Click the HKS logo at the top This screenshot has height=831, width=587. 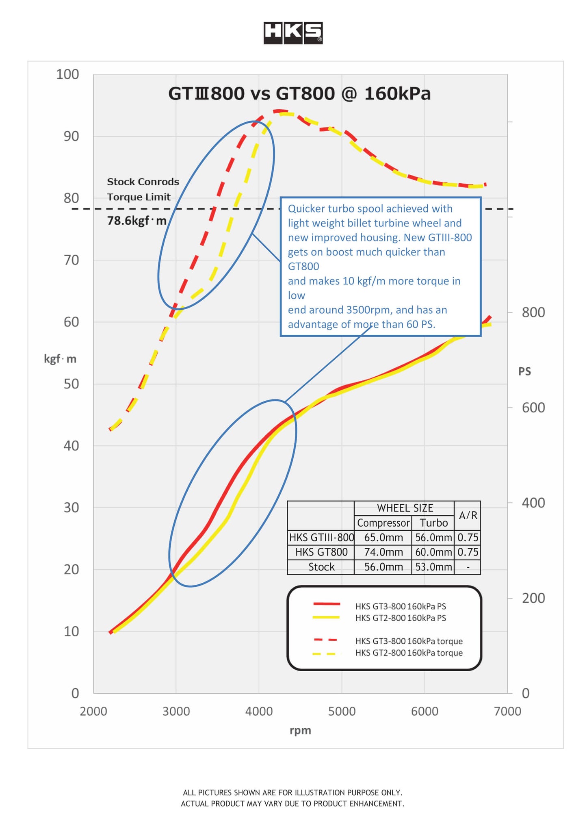coord(293,33)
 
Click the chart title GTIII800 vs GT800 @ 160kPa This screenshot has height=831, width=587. coord(299,94)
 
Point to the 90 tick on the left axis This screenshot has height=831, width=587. coord(71,136)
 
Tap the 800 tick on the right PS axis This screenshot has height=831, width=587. coord(533,312)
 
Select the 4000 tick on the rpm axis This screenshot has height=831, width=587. coord(259,711)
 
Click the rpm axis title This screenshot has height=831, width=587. coord(300,730)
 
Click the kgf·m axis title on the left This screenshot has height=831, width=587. coord(60,359)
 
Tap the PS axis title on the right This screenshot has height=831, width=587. coord(524,371)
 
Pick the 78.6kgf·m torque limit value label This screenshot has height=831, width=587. coord(137,221)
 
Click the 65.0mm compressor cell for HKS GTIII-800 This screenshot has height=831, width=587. coord(383,538)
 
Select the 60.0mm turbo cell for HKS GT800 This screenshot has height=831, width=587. coord(433,552)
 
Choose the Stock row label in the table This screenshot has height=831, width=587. coord(321,567)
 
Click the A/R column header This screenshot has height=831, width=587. coord(468,515)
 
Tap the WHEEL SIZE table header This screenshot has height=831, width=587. coord(405,508)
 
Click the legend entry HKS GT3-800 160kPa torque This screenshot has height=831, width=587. coord(409,641)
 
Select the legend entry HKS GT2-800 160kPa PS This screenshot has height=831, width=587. coord(400,618)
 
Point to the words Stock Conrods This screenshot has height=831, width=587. coord(143,182)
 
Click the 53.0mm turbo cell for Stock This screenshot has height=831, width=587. coord(433,567)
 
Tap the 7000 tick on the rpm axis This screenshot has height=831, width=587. coord(507,711)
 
